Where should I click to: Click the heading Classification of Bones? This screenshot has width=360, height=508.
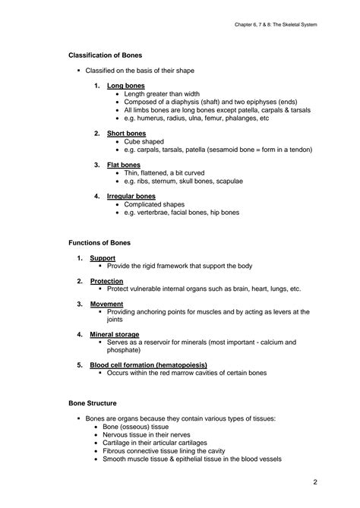point(105,56)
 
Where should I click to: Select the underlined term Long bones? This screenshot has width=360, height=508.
point(126,86)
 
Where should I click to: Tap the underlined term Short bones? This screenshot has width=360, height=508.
point(127,133)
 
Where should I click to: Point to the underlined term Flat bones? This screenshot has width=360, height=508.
point(124,164)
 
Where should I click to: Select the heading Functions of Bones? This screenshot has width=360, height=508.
point(99,242)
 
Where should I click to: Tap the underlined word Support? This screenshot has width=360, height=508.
point(103,258)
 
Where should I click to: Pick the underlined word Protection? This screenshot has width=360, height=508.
point(106,281)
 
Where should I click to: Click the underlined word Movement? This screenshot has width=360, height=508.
point(106,304)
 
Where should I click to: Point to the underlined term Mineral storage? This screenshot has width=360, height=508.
point(114,334)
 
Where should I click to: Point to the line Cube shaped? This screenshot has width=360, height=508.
point(144,141)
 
